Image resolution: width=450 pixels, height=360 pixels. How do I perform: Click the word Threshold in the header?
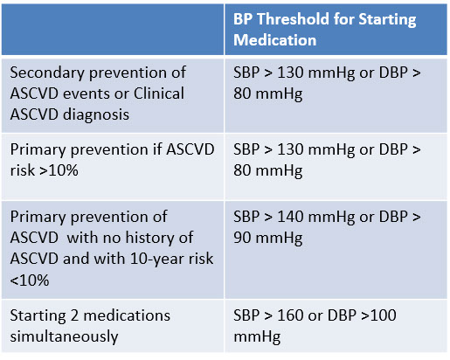tap(293, 19)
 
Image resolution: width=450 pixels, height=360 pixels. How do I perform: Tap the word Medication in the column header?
tap(274, 40)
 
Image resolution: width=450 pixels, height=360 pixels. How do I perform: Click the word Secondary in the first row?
tap(47, 73)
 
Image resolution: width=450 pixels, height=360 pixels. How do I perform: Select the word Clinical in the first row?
tap(159, 93)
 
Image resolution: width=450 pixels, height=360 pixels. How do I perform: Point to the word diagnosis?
tap(96, 114)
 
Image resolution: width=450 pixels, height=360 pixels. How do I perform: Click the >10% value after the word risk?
tap(59, 170)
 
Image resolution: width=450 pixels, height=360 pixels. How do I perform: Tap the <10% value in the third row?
tap(30, 280)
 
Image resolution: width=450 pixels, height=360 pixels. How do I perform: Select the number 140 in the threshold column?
tap(290, 217)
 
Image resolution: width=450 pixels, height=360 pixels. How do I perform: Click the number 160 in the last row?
tap(290, 315)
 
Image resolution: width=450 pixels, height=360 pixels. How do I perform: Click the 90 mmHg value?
tap(268, 239)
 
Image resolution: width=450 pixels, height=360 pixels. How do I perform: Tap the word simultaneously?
tap(64, 336)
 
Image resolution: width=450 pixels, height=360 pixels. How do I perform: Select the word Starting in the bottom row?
tap(38, 316)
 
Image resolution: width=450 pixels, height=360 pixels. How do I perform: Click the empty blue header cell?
tap(113, 30)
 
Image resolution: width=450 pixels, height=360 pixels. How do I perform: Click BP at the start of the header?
tap(243, 19)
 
